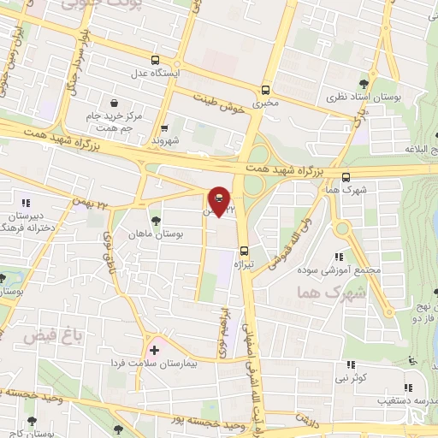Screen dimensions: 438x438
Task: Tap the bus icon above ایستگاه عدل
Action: coord(155,60)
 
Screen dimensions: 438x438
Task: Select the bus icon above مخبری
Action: coord(265,89)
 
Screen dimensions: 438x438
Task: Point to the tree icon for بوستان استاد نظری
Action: coord(364,84)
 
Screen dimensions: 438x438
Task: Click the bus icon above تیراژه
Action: coord(245,251)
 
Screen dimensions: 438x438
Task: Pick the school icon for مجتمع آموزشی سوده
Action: coord(339,256)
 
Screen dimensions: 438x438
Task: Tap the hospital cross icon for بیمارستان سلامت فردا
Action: coord(154,349)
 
